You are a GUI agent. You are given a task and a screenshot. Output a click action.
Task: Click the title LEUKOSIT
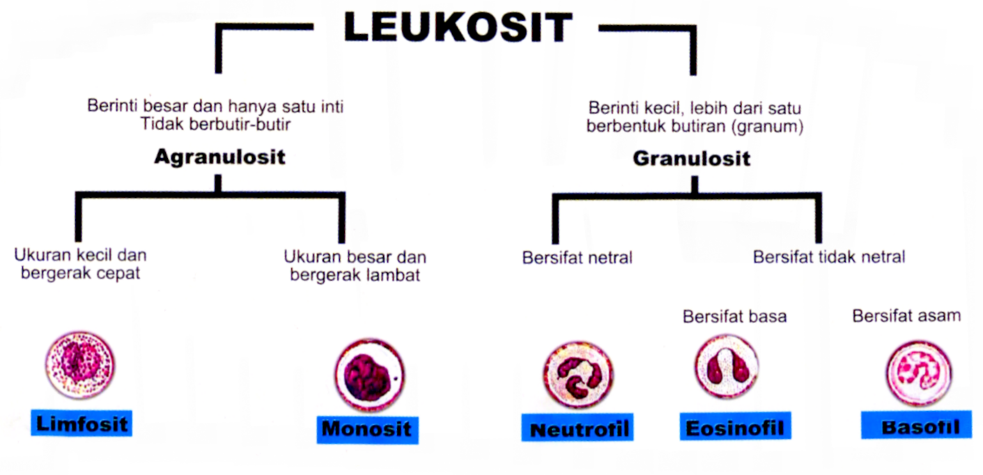457,29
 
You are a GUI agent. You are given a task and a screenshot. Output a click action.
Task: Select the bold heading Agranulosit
219,157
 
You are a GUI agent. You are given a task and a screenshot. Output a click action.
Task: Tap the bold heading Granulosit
691,159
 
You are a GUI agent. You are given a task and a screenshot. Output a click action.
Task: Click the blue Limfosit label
82,423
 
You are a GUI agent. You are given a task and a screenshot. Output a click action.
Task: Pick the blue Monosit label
367,428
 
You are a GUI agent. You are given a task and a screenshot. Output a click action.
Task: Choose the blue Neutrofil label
580,429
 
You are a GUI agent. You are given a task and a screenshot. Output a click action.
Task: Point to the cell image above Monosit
369,375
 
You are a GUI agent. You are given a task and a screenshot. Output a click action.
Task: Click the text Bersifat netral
577,258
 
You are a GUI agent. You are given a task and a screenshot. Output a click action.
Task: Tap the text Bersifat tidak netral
829,257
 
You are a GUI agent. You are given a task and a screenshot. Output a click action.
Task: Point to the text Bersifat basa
734,316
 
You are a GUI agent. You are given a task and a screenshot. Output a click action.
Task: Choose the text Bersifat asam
906,316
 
